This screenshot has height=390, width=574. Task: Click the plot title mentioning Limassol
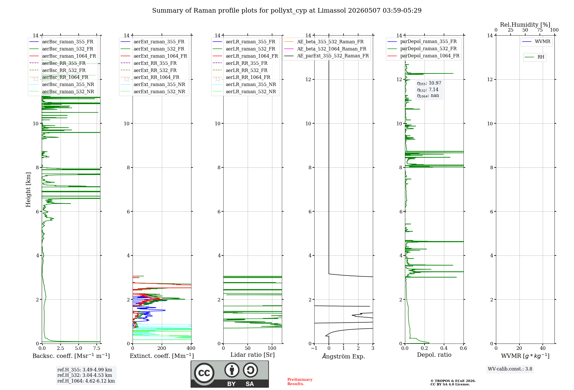287,11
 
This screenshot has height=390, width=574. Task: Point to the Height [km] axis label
28,190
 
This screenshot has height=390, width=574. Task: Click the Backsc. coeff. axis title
71,356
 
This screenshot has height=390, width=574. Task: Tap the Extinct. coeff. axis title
162,356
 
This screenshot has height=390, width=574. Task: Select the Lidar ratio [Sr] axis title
253,355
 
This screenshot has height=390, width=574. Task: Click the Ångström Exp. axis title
344,356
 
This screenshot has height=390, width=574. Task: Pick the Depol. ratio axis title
434,355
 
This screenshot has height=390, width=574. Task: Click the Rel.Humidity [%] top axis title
525,25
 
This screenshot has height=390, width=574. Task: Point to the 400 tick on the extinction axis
191,348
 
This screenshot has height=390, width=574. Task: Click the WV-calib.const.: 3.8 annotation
510,369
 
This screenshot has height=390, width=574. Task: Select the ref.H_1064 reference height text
86,381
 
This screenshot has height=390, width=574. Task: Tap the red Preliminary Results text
300,382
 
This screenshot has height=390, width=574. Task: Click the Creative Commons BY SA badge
230,374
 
